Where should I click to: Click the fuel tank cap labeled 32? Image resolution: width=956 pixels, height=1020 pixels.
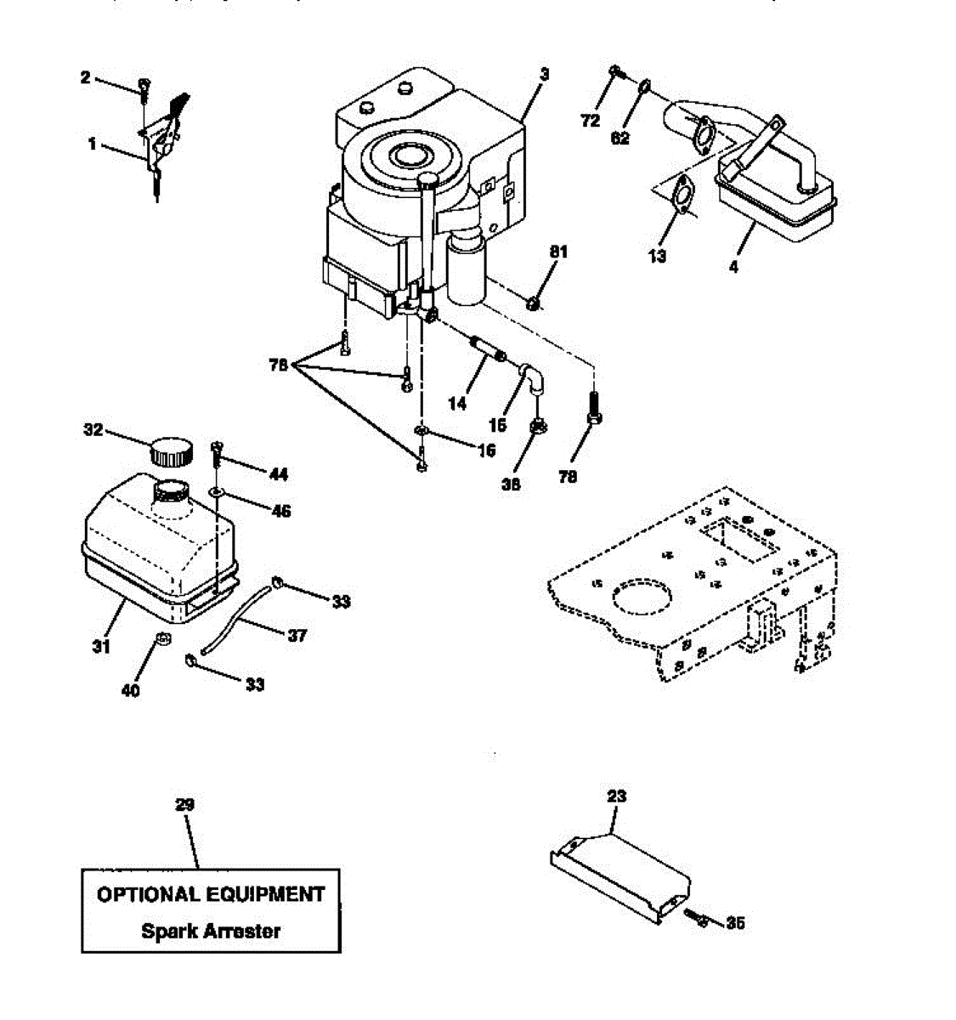171,450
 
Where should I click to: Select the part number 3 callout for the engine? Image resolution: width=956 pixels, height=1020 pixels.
544,75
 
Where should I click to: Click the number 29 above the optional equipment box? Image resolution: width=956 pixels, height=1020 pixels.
184,804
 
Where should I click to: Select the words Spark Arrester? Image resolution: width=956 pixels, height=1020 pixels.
211,931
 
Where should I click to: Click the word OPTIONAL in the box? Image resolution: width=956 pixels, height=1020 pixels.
149,894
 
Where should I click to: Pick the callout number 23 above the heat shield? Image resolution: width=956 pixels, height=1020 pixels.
616,796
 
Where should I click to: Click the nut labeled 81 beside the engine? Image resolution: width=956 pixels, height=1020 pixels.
533,302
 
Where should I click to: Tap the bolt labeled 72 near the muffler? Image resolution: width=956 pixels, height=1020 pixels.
616,73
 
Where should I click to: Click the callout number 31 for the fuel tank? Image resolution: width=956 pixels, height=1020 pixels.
100,647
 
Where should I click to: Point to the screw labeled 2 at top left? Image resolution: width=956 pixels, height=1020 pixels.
145,86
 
